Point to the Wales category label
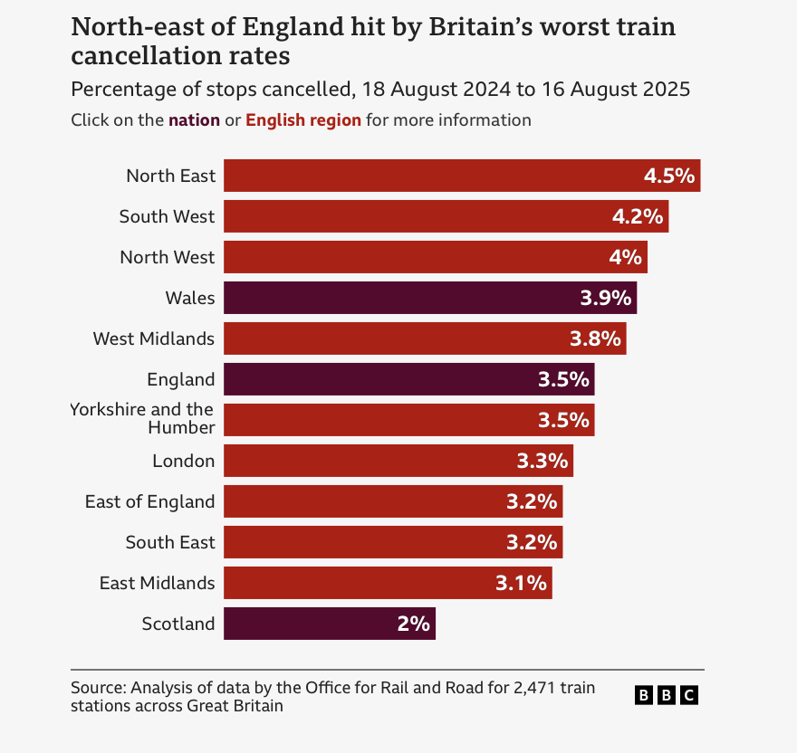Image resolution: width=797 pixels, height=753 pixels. click(x=190, y=298)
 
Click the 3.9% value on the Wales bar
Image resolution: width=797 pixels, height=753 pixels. click(x=605, y=299)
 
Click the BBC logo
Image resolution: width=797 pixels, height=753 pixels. click(x=666, y=695)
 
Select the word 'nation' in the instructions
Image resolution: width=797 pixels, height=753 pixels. click(x=194, y=120)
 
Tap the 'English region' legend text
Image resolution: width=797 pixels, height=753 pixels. click(x=303, y=120)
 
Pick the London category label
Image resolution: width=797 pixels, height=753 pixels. click(x=184, y=461)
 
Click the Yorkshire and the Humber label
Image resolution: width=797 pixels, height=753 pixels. click(x=143, y=418)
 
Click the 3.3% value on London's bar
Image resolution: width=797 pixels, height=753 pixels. click(x=543, y=462)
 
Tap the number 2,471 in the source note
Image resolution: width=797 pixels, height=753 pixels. click(x=533, y=688)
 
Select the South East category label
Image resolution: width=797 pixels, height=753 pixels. click(x=170, y=542)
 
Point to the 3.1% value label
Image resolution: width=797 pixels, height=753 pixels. click(x=521, y=584)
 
